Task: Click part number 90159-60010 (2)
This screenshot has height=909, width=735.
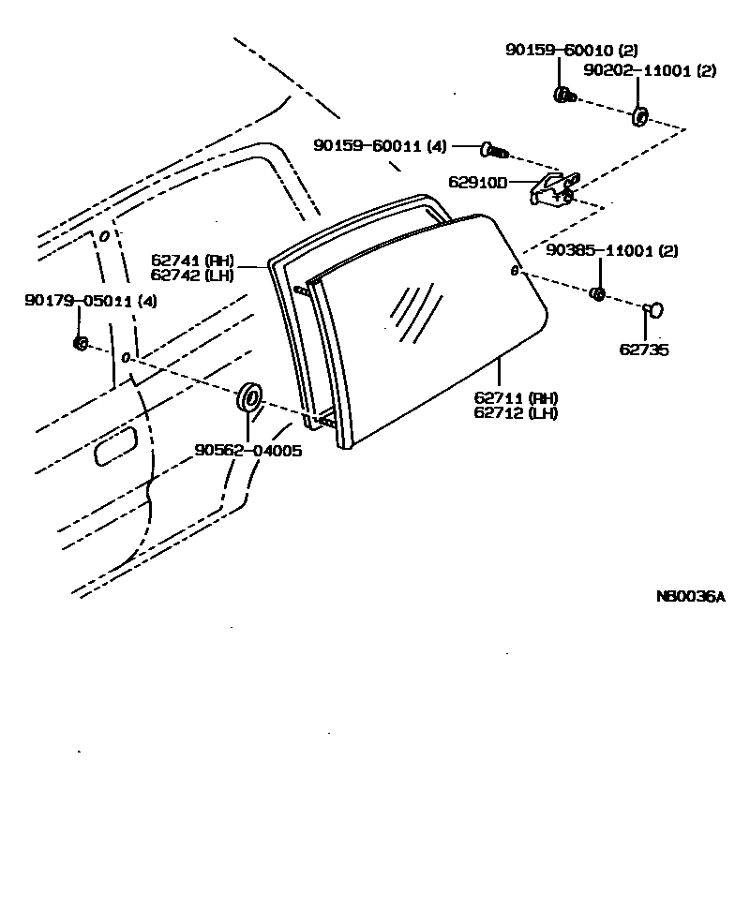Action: (x=559, y=51)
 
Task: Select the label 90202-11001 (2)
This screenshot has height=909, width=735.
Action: (x=649, y=70)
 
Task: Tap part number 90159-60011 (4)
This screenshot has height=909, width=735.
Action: (x=380, y=146)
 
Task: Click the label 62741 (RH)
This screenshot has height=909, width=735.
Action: (x=191, y=260)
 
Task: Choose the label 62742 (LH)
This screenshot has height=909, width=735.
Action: (x=191, y=275)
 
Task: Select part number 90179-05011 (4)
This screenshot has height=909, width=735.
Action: (x=78, y=301)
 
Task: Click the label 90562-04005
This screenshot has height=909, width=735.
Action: (x=248, y=451)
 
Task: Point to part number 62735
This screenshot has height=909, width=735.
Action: (x=644, y=350)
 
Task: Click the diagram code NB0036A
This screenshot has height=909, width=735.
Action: (x=690, y=596)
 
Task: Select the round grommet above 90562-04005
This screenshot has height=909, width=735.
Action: (x=250, y=397)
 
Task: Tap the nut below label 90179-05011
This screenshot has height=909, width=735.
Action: (x=81, y=343)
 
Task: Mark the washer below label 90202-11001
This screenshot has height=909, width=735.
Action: (x=639, y=117)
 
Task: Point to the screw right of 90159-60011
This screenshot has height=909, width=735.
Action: (x=495, y=149)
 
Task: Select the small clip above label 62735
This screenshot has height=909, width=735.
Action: (x=653, y=309)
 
